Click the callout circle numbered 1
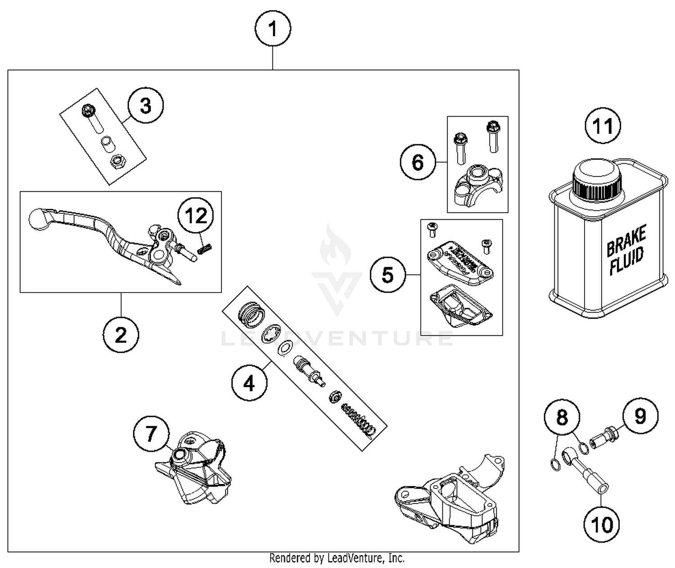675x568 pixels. (273, 29)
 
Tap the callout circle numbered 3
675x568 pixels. (145, 106)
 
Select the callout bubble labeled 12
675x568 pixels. (196, 216)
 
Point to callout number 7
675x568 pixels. (151, 434)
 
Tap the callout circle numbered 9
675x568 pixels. (640, 416)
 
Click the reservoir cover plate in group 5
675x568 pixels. (460, 262)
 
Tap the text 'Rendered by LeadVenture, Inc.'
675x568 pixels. (337, 559)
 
